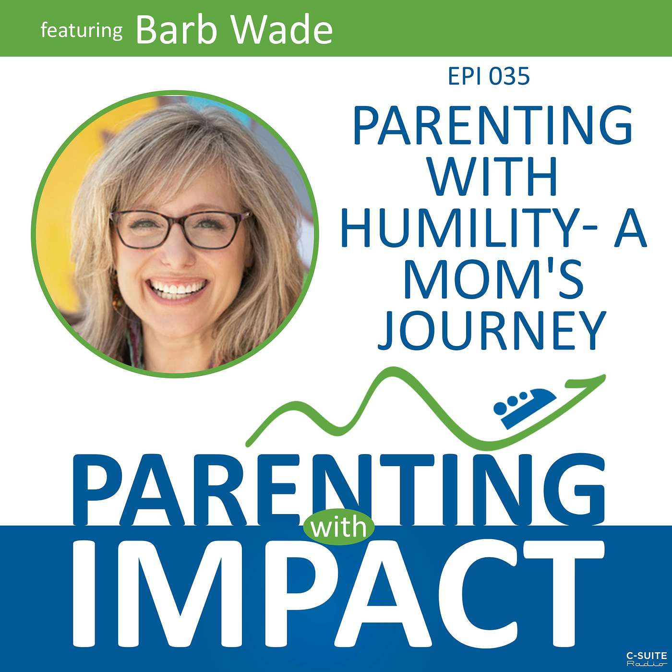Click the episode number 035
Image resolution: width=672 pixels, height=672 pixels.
(x=509, y=77)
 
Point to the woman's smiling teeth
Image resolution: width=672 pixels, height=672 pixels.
(x=177, y=288)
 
